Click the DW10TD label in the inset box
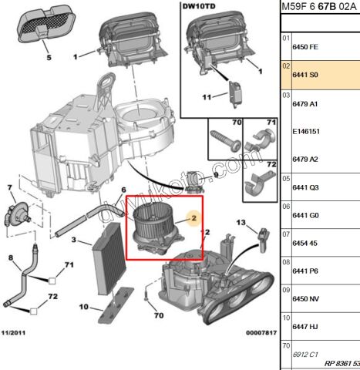coord(198,10)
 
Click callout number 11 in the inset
coord(206,97)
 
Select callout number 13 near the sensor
coord(241,223)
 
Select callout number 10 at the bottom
coord(84,308)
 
